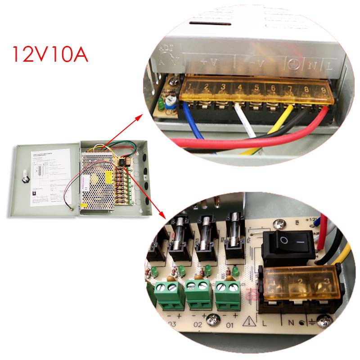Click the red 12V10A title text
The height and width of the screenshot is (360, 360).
[49, 54]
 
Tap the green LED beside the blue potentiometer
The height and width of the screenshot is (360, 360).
[160, 106]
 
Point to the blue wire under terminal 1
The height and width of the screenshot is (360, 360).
[193, 121]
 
